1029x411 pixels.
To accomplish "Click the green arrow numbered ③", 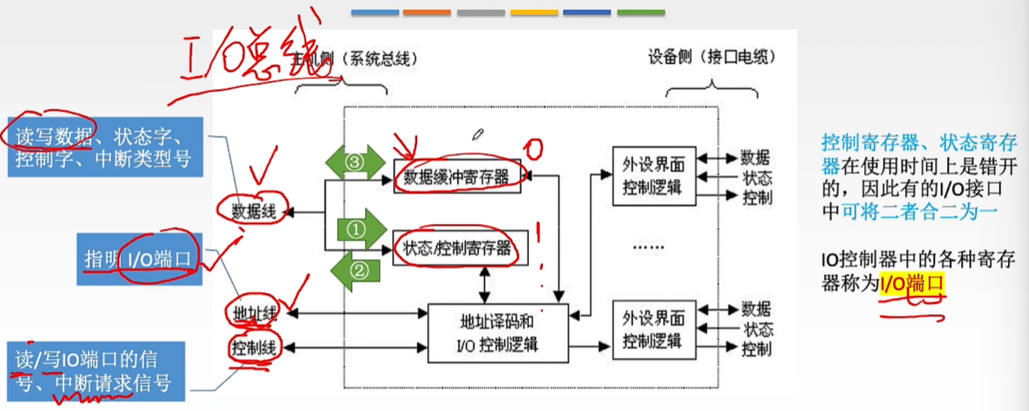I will [355, 162].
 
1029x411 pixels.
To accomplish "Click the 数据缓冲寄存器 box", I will [457, 176].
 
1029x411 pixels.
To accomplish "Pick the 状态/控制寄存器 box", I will [460, 248].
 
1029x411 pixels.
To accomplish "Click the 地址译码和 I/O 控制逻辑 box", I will [498, 333].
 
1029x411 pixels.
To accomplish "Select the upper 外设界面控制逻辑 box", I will [654, 176].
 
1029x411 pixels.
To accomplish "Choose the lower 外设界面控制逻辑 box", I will [654, 329].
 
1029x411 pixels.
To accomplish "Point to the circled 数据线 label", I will [254, 211].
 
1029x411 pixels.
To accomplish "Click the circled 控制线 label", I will [254, 347].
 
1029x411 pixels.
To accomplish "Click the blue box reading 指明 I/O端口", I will [139, 259].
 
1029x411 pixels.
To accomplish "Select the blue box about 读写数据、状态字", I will [105, 147].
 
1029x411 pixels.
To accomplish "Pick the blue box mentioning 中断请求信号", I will [96, 371].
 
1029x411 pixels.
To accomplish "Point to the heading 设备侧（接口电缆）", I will [712, 57].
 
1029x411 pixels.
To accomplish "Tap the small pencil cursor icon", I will [477, 134].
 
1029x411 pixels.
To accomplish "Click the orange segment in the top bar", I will [426, 12].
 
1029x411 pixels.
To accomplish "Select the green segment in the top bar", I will [640, 12].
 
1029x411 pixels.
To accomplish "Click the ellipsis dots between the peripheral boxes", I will [648, 247].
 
